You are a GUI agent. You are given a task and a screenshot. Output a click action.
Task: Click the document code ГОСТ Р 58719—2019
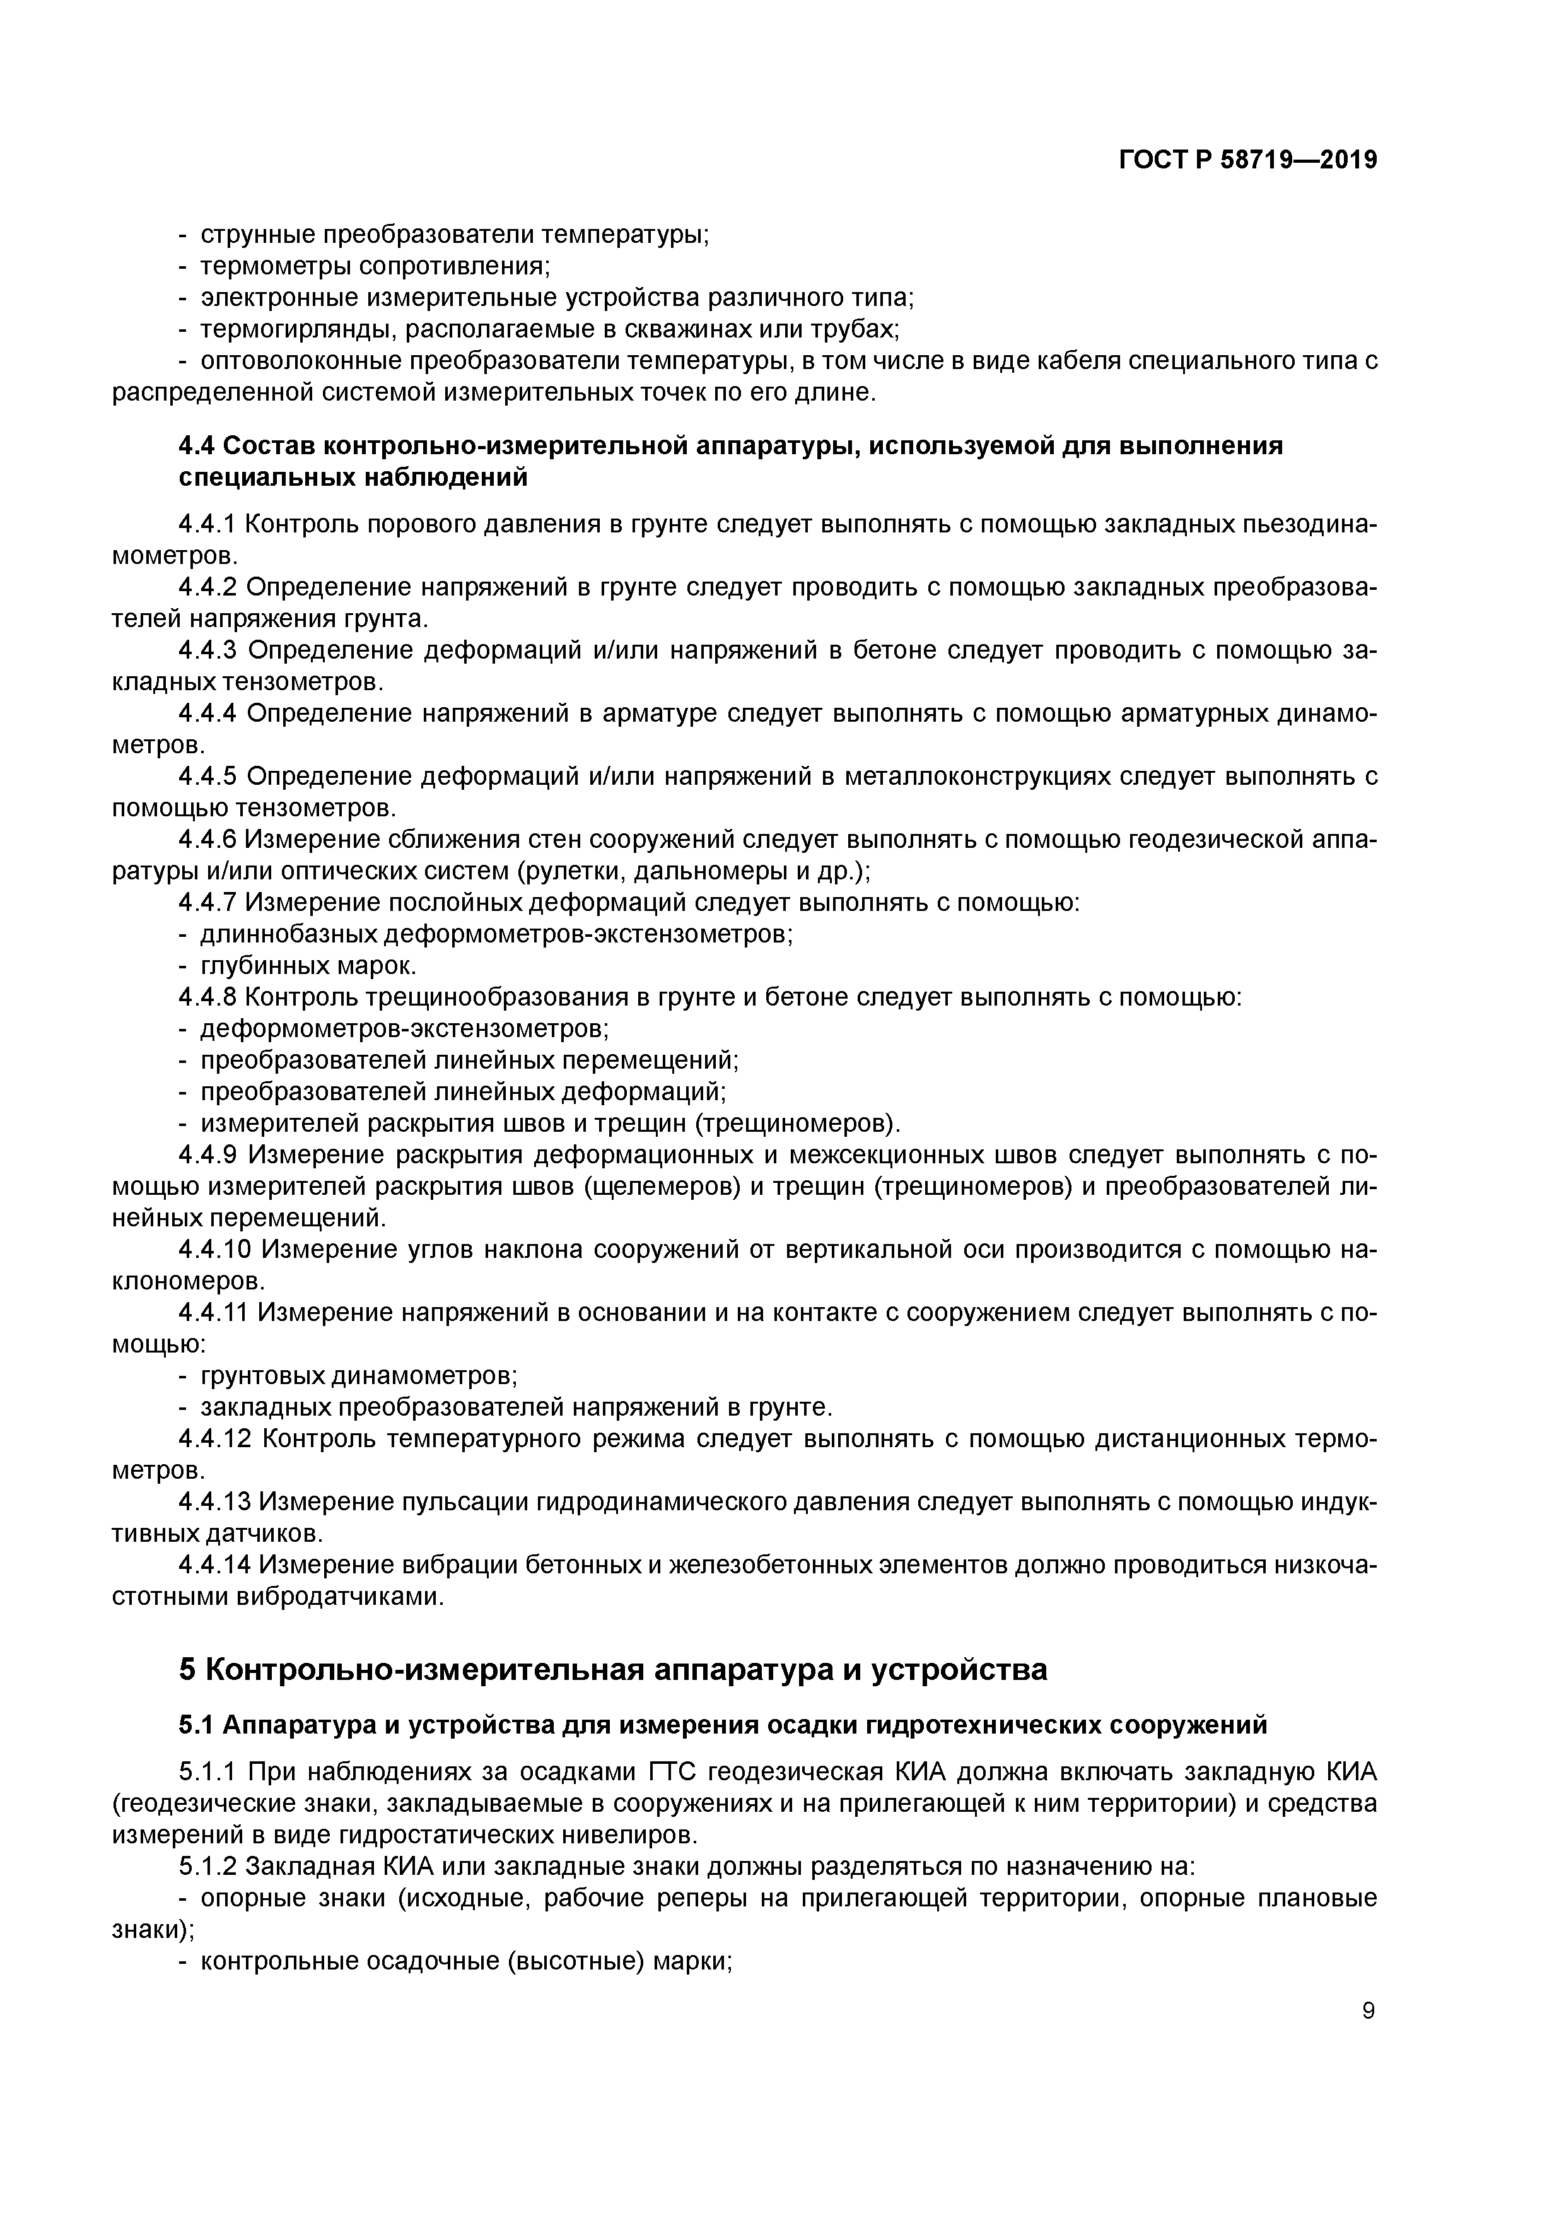(1248, 160)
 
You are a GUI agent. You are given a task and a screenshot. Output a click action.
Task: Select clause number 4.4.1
(207, 524)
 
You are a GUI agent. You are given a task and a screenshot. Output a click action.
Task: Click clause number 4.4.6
(207, 840)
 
